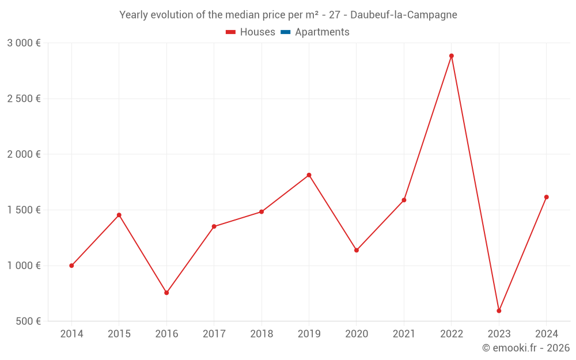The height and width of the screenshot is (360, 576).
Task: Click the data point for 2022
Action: point(452,56)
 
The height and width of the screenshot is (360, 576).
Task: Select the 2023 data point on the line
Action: point(499,311)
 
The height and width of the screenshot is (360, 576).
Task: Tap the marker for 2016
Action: point(166,293)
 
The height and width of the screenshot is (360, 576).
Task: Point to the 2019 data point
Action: point(309,175)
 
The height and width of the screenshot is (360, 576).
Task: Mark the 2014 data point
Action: point(71,266)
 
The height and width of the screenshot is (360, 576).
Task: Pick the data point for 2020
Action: point(357,250)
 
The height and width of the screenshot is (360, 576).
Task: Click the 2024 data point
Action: point(546,197)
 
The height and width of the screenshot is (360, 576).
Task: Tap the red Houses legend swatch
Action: point(231,32)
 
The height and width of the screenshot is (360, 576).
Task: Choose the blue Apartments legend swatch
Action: point(285,32)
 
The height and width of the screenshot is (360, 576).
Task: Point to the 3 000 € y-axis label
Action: point(24,43)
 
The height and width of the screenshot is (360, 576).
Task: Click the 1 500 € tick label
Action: point(24,210)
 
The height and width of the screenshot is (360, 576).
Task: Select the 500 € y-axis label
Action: point(27,321)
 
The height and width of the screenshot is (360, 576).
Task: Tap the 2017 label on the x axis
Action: point(214,334)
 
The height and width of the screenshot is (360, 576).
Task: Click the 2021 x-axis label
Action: point(404,334)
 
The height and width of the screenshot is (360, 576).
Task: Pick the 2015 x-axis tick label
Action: point(119,334)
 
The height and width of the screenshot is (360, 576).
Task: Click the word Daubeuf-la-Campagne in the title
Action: point(403,15)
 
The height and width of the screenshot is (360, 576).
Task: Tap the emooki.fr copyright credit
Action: point(526,348)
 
